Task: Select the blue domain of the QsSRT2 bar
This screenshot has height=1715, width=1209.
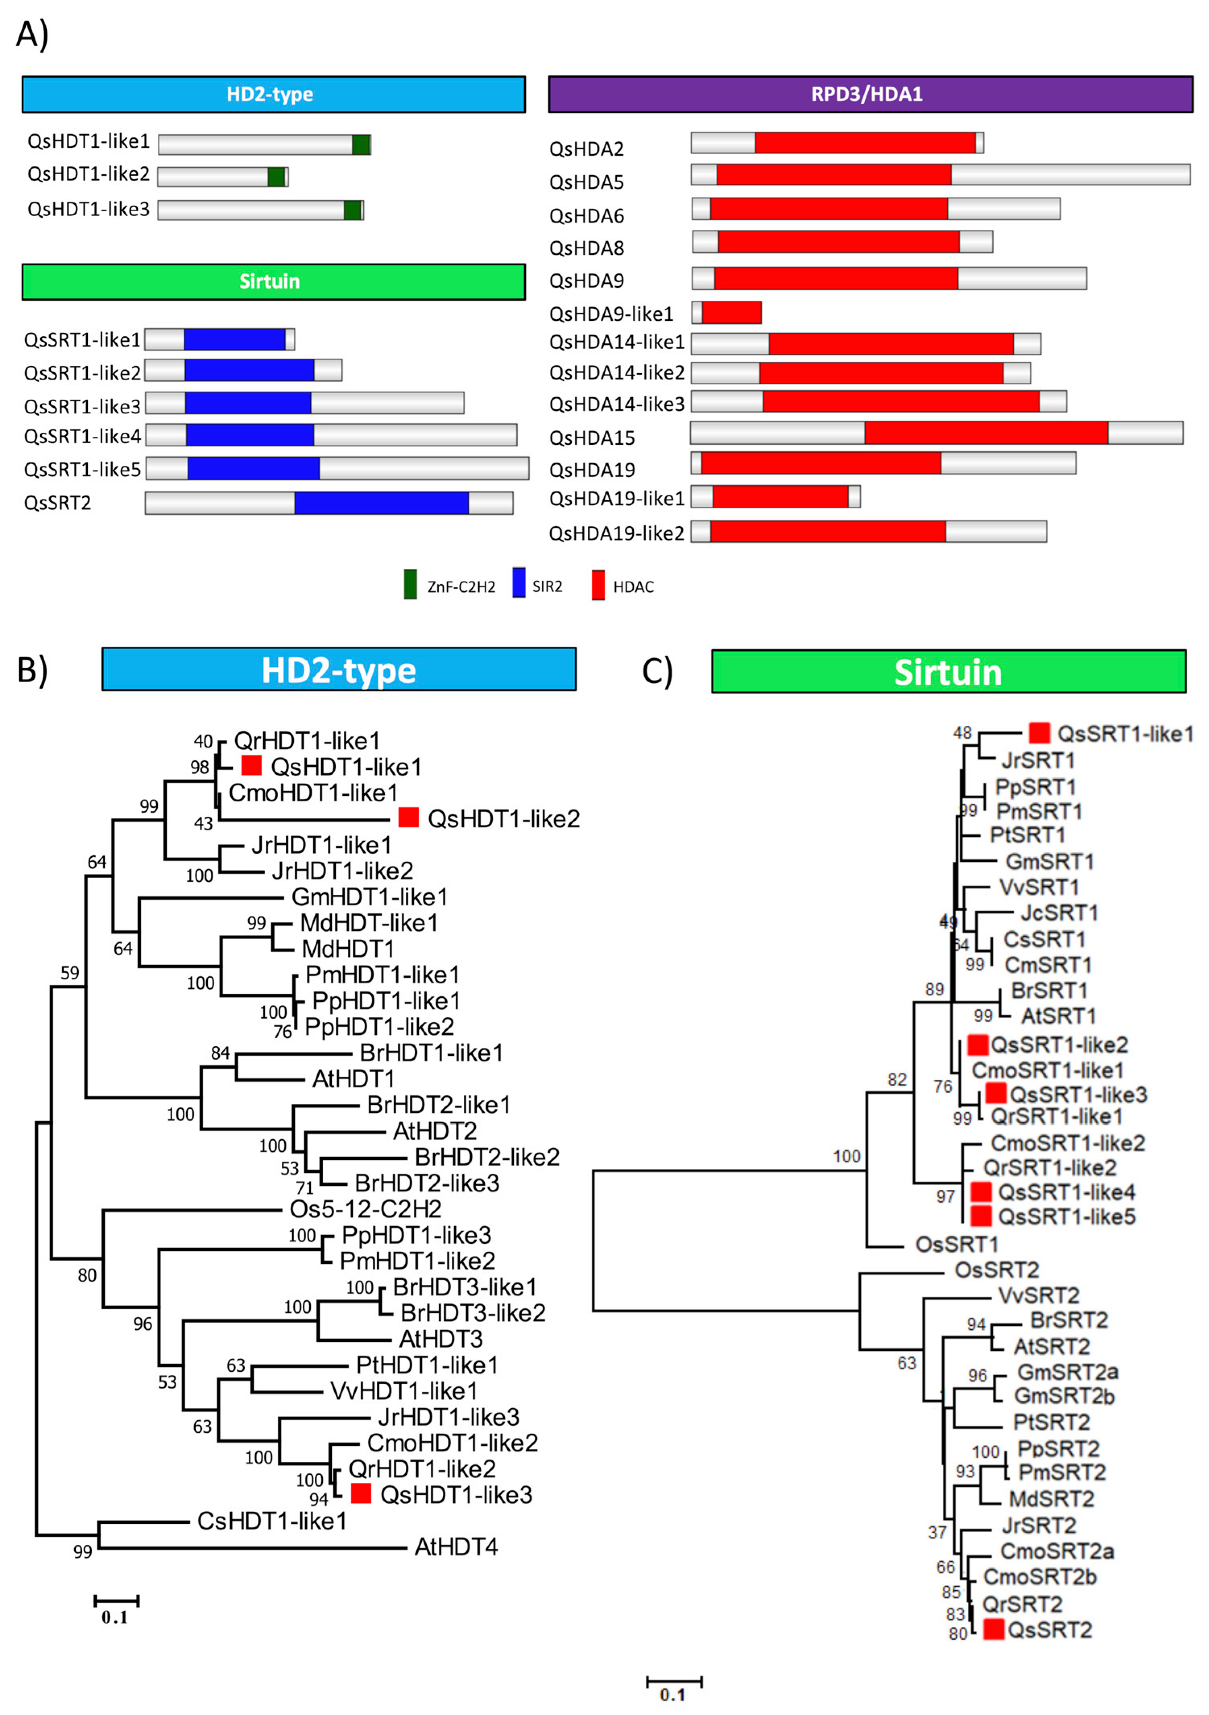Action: [381, 503]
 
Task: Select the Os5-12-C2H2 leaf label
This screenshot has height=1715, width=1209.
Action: [366, 1209]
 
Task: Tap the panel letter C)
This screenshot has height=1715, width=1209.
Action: [657, 671]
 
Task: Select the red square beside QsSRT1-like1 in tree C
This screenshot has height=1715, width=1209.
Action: [1040, 733]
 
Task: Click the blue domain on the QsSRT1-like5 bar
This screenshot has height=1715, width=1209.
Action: [253, 468]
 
